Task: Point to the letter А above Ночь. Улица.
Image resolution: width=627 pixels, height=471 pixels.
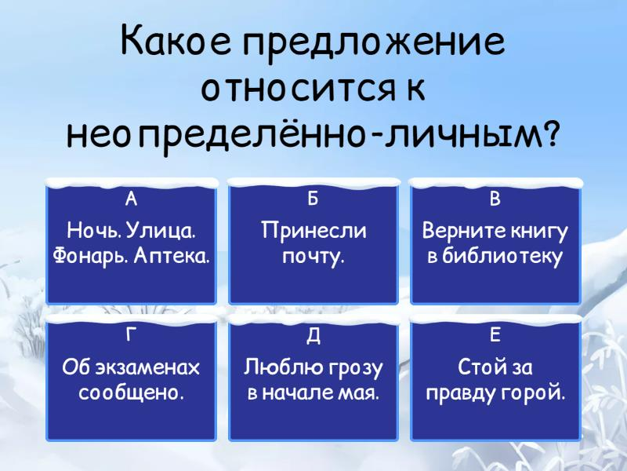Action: [131, 199]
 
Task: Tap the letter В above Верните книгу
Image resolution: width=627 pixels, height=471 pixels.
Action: [495, 199]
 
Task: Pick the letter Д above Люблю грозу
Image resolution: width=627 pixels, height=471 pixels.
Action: [313, 336]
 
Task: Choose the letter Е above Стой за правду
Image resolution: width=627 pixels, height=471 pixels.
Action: [495, 335]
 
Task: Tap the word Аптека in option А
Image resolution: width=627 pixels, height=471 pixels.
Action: [172, 256]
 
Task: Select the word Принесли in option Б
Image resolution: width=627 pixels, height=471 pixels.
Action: [313, 231]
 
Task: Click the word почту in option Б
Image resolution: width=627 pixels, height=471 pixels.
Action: [313, 257]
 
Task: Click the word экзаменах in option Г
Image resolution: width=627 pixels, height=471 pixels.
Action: [147, 367]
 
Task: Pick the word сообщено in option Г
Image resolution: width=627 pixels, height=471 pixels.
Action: [132, 392]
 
